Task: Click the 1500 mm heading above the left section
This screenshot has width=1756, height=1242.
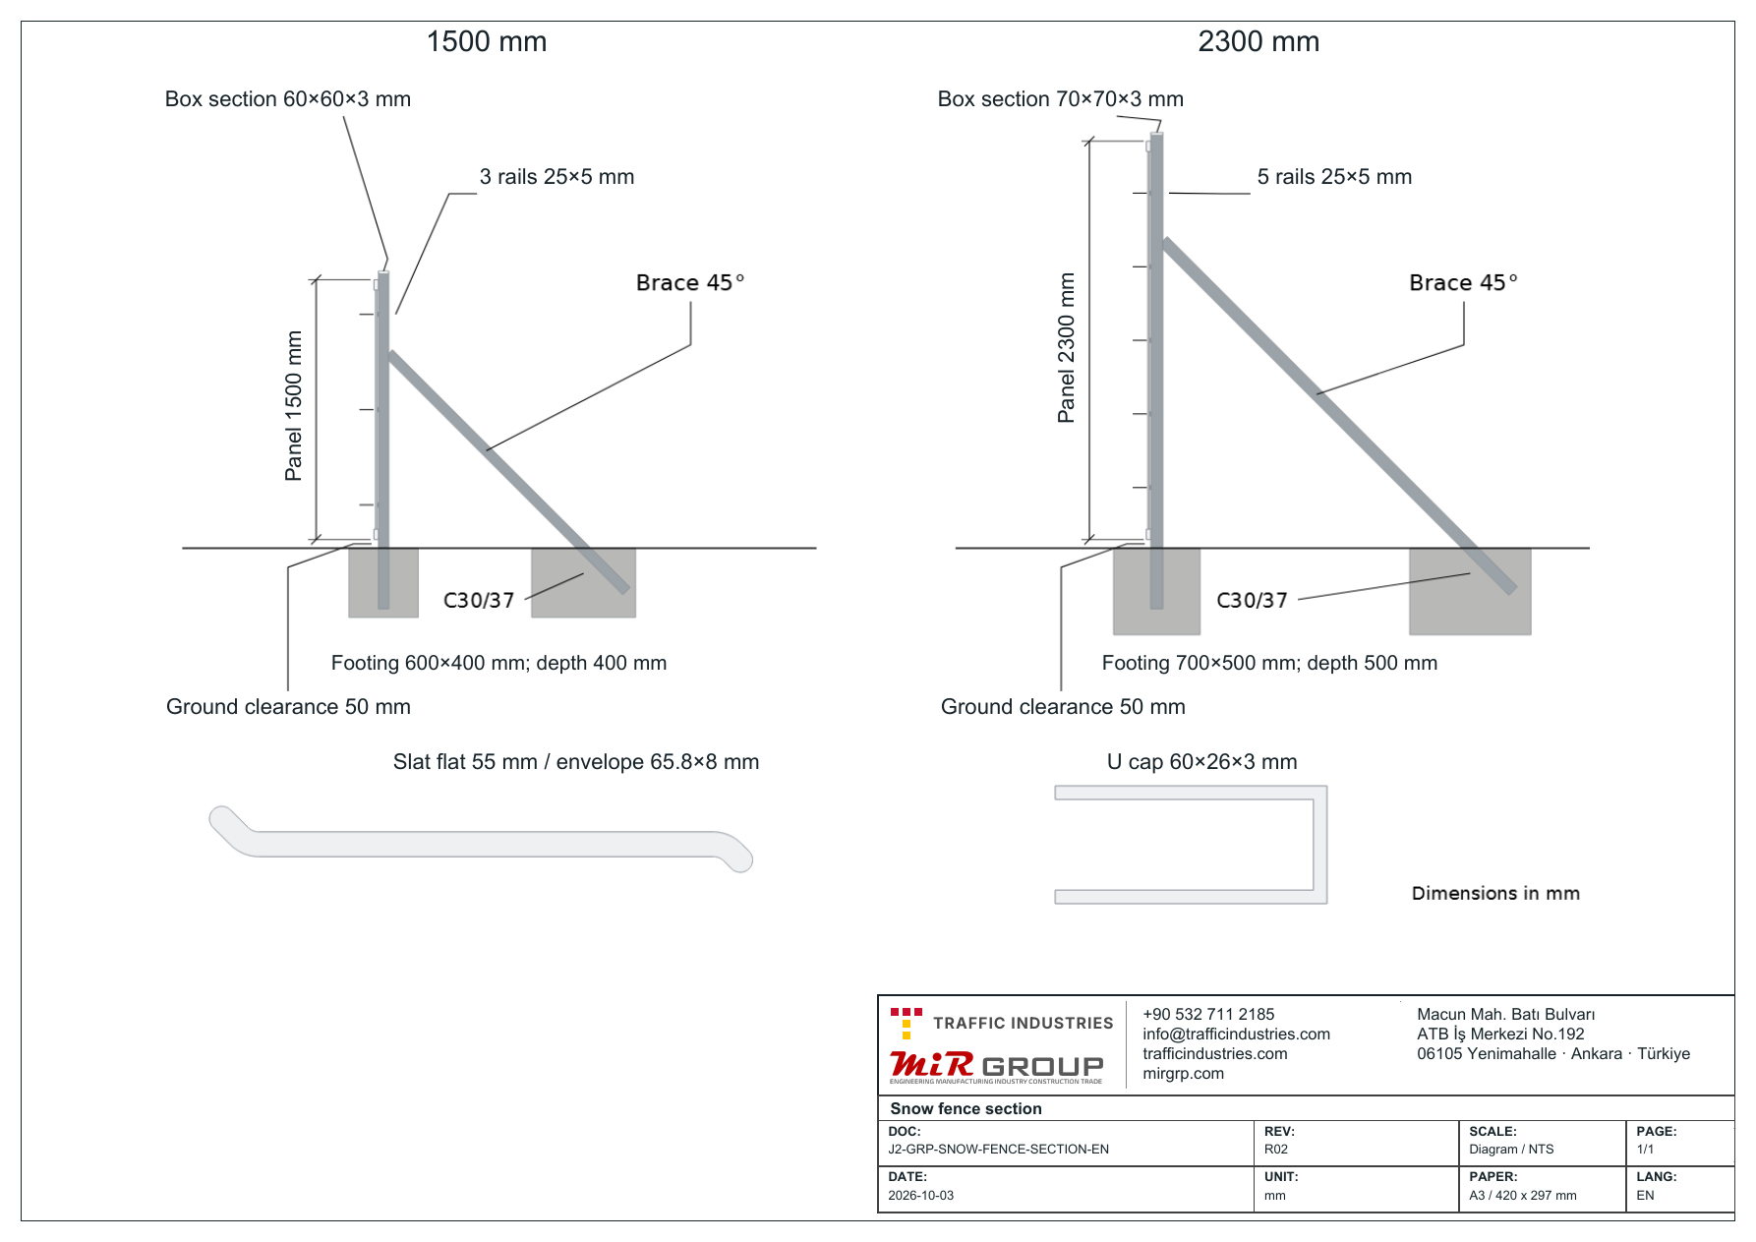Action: tap(487, 41)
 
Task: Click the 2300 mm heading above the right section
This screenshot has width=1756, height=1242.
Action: tap(1258, 41)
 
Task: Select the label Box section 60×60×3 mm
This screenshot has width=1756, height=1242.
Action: tap(288, 99)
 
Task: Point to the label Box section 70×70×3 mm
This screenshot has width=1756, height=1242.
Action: tap(1061, 99)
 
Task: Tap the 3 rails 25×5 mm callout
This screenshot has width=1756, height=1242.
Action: tap(556, 177)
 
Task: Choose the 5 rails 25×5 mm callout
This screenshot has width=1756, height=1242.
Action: tap(1334, 177)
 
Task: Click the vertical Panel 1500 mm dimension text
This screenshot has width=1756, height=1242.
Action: tap(293, 406)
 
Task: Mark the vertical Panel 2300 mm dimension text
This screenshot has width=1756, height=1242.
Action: tap(1066, 348)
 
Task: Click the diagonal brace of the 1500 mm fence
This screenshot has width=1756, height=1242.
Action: tap(508, 472)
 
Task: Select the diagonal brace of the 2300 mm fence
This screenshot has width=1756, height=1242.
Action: tap(1339, 416)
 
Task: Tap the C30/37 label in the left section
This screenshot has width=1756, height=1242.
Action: tap(479, 600)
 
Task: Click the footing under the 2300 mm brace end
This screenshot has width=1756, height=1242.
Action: tap(1470, 591)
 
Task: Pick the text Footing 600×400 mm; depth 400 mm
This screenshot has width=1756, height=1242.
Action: tap(498, 663)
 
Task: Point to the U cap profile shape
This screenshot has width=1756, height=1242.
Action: tap(1321, 845)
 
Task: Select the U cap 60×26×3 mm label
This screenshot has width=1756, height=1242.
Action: tap(1201, 762)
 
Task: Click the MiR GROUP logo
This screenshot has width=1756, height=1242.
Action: tap(996, 1066)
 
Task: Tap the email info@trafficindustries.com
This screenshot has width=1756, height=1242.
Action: tap(1236, 1035)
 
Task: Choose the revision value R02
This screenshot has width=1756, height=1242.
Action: tap(1276, 1150)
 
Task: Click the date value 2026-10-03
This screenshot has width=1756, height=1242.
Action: tap(921, 1196)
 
